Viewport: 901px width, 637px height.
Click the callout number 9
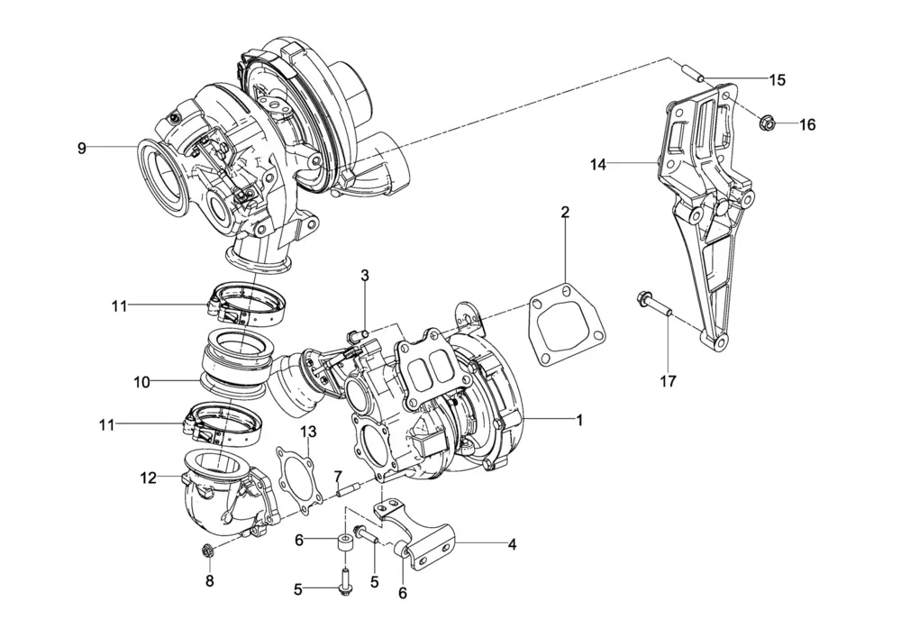pos(82,148)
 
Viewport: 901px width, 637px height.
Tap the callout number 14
pos(597,164)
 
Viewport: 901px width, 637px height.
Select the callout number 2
pos(565,213)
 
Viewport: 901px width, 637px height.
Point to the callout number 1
pos(580,420)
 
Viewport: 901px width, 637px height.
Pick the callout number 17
pos(667,382)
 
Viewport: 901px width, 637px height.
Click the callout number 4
pos(512,544)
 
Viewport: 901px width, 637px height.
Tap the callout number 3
pos(365,275)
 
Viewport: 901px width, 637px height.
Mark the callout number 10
pos(141,382)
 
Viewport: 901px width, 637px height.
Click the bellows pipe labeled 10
pos(237,362)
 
